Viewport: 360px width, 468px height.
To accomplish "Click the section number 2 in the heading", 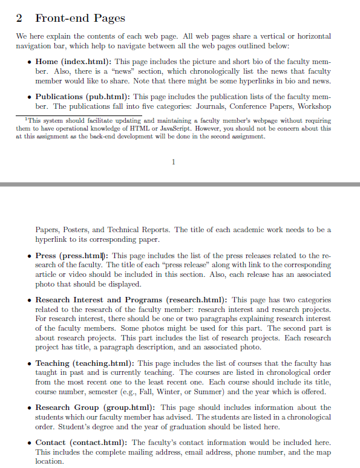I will (19, 18).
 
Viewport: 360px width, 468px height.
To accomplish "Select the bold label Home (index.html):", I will (73, 62).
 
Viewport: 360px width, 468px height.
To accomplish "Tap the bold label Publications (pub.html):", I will (83, 97).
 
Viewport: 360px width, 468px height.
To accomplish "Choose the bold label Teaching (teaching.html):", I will (85, 363).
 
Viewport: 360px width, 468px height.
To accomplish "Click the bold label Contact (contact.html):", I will (82, 443).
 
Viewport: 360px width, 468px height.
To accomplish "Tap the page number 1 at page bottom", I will (174, 161).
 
